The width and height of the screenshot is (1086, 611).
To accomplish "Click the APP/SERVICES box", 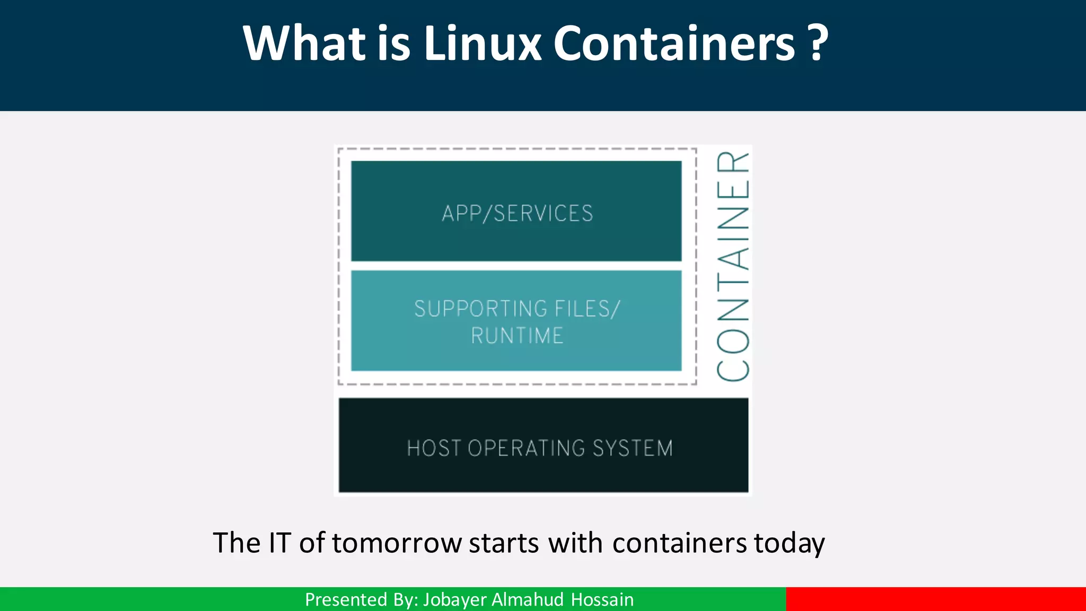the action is [x=516, y=211].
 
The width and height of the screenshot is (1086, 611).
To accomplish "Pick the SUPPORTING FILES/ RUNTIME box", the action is [x=516, y=321].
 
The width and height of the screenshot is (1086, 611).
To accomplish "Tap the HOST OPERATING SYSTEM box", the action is [x=544, y=446].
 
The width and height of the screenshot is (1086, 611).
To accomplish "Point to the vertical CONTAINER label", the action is [x=733, y=266].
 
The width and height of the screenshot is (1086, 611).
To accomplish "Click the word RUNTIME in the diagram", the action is [x=517, y=336].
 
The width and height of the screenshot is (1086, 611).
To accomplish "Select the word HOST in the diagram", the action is [x=434, y=448].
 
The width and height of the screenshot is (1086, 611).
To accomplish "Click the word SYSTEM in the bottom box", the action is [x=633, y=448].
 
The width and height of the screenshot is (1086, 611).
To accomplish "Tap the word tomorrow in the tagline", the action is [x=397, y=543].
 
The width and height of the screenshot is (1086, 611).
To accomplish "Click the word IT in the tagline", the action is [x=280, y=543].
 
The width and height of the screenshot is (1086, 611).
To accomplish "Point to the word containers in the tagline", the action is [x=679, y=543].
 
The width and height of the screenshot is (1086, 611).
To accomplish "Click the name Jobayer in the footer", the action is [x=454, y=600].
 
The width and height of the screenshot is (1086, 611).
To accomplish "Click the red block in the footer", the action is [x=936, y=599].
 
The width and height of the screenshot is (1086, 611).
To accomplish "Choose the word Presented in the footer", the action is [x=346, y=600].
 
